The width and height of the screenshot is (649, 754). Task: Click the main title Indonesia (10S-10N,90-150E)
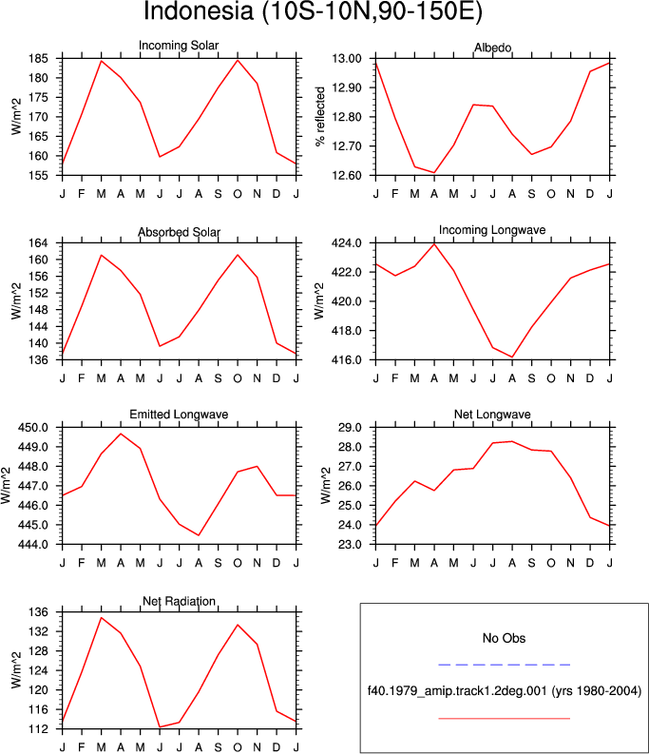pos(313,11)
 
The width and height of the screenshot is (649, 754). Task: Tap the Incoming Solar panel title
pos(179,46)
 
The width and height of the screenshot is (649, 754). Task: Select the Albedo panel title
pos(493,48)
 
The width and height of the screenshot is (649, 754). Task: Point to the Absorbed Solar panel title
pos(179,232)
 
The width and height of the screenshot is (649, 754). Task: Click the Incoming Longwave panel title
pos(492,230)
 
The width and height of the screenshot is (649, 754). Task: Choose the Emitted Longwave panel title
pos(179,415)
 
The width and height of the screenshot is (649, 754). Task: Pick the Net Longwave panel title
pos(492,415)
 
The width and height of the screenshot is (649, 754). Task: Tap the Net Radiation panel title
pos(179,601)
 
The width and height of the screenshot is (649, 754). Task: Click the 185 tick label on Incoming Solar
pos(38,59)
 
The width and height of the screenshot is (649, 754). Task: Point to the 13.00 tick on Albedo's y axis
pos(347,59)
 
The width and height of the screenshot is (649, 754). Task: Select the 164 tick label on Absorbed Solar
pos(38,242)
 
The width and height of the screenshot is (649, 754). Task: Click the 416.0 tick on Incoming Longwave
pos(347,359)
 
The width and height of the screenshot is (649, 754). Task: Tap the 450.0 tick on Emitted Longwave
pos(33,428)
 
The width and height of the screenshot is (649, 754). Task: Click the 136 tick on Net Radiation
pos(38,612)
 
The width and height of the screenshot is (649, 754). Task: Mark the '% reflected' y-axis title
pos(320,116)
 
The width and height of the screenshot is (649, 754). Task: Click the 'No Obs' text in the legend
pos(504,638)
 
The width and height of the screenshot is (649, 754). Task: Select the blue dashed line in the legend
pos(504,665)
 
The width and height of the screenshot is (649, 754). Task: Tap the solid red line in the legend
pos(504,719)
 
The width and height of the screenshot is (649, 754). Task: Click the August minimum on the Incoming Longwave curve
pos(512,358)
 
